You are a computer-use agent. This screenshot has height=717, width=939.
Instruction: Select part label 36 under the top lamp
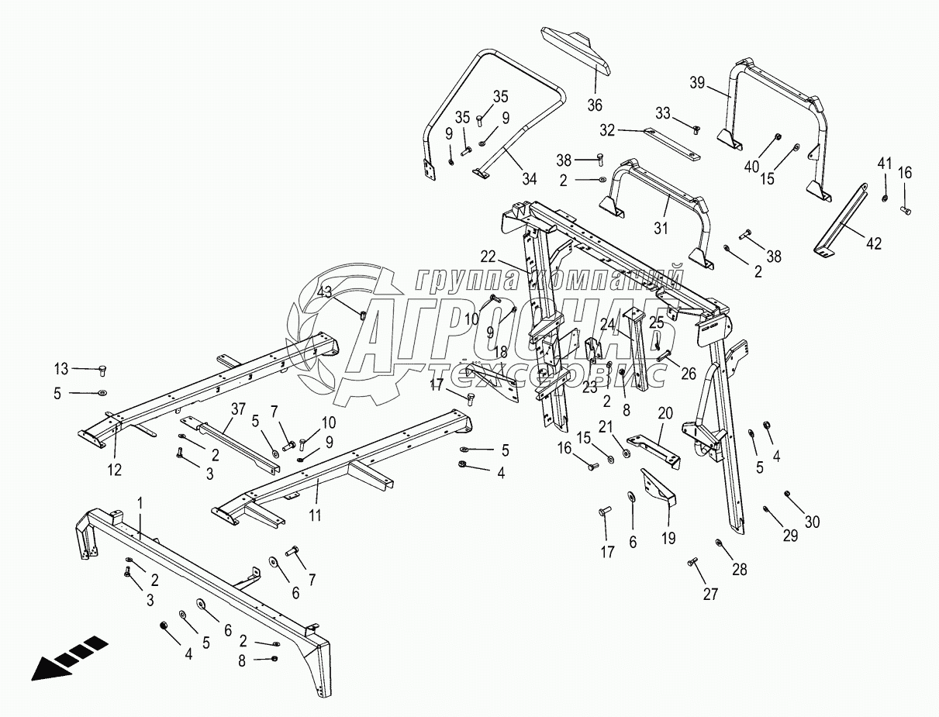(594, 105)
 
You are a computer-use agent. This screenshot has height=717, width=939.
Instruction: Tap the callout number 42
(874, 243)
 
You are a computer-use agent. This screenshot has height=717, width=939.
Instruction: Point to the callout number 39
(697, 84)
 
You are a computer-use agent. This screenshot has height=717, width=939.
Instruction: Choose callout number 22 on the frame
(487, 257)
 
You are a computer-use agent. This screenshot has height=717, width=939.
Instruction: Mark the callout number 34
(529, 179)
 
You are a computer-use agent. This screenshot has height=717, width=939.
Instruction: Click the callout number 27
(710, 595)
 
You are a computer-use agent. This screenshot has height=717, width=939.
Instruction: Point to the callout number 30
(811, 522)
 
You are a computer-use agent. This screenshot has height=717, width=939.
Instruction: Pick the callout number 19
(668, 537)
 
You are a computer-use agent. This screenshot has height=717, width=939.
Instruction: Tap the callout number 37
(236, 408)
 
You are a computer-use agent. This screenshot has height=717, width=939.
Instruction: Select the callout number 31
(660, 227)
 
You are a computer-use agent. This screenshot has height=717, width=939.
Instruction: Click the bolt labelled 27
(692, 561)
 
